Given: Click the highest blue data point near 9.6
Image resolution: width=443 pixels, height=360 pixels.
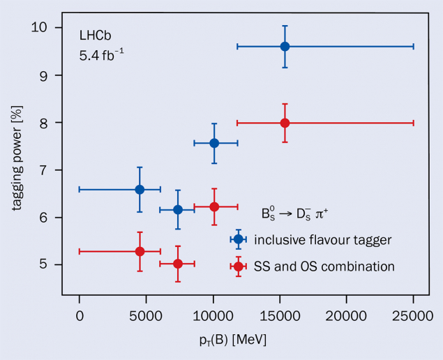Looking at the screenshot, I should click(285, 46).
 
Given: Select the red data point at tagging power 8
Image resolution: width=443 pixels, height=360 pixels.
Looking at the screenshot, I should click(285, 123).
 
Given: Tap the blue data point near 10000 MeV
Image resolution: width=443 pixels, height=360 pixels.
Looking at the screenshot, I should click(214, 143).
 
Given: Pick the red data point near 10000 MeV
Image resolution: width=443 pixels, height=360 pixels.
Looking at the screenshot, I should click(214, 207).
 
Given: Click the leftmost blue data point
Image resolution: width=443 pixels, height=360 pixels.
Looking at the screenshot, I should click(140, 189).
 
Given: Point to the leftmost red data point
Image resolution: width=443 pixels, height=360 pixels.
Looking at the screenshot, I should click(140, 251).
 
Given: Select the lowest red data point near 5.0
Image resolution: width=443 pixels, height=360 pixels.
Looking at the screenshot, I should click(178, 264).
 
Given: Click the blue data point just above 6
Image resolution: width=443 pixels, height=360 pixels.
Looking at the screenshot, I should click(178, 209).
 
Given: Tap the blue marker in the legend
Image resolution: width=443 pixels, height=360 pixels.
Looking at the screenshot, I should click(238, 239).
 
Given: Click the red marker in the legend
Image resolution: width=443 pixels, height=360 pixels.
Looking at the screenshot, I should click(238, 266).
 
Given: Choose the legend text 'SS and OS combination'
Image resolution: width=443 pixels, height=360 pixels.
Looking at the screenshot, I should click(324, 267).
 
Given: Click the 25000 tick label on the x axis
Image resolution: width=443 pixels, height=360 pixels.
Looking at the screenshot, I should click(413, 316).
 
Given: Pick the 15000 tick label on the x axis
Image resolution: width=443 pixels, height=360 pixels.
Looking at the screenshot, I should click(280, 316).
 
